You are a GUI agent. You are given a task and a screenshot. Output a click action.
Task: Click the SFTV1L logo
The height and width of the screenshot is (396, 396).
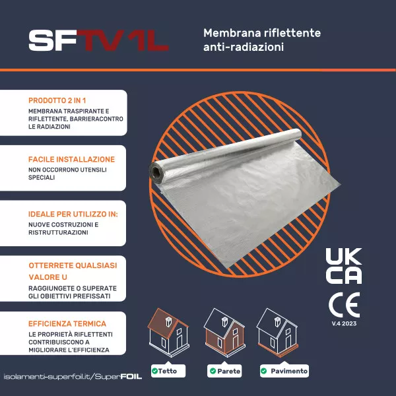[98, 40]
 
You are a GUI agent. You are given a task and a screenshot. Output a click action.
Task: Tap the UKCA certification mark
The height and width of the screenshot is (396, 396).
[344, 266]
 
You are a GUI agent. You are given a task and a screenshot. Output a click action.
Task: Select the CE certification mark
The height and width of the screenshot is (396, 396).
[344, 305]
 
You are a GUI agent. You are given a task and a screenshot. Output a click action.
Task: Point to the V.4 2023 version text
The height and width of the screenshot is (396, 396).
[344, 323]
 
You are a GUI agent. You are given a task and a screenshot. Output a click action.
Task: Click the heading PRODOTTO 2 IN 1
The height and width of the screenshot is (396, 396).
[57, 100]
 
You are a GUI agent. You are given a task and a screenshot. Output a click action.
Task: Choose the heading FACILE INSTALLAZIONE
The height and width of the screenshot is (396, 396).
[71, 159]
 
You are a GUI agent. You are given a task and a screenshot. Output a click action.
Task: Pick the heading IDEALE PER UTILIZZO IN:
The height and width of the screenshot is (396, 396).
[73, 214]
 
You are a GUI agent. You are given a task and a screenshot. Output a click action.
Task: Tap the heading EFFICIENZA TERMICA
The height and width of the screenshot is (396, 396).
[67, 324]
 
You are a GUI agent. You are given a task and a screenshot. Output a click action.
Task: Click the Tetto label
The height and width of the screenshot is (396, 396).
[168, 371]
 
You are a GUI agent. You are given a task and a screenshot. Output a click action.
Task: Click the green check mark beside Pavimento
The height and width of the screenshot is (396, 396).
[263, 371]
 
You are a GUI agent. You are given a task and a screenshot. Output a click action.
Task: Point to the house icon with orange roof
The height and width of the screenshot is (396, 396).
[168, 333]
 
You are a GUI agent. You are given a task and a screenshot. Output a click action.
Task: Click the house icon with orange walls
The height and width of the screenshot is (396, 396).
[224, 333]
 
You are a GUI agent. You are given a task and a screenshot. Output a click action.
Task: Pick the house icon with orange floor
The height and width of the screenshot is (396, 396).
[277, 333]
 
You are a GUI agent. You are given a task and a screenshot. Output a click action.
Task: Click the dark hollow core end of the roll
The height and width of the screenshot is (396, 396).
[156, 172]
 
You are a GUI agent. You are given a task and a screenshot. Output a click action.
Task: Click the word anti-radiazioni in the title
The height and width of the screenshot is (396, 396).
[244, 47]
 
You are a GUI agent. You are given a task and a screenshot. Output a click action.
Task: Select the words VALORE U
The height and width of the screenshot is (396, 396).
[48, 277]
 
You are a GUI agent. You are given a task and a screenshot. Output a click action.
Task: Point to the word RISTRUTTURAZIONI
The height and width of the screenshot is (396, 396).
[58, 232]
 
